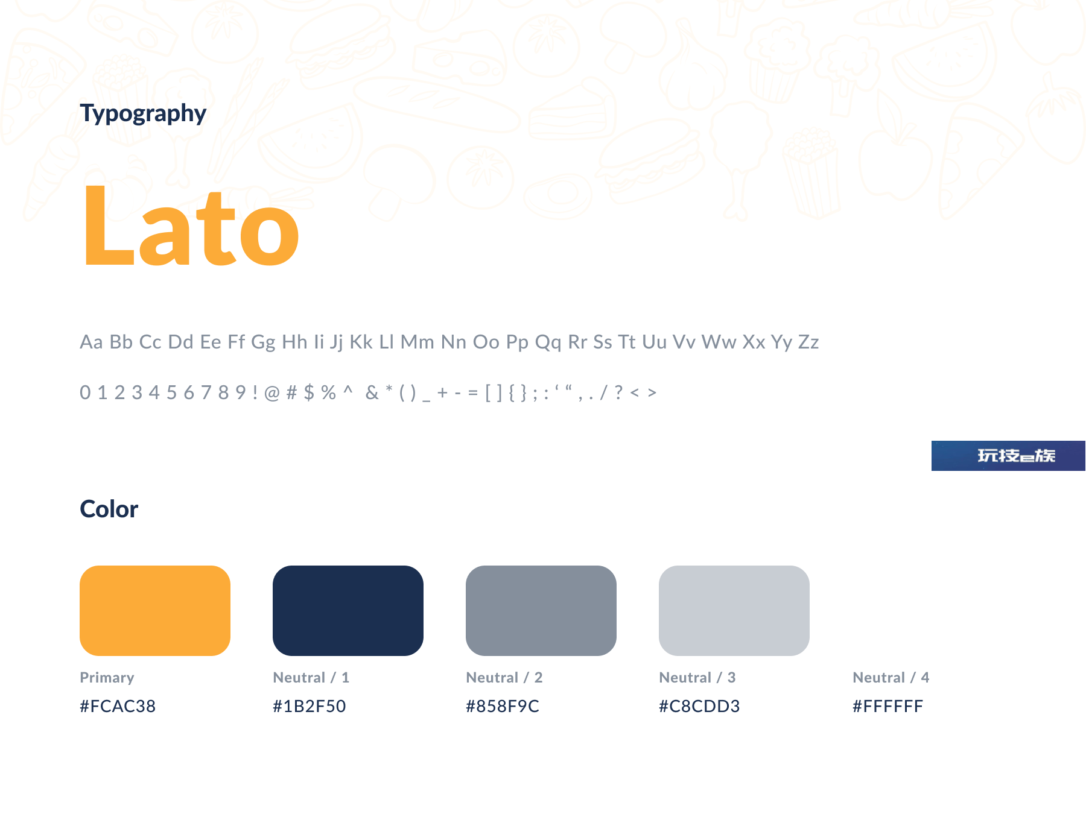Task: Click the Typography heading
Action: [x=143, y=113]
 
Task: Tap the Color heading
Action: [x=109, y=509]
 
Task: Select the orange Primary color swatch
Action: [x=155, y=610]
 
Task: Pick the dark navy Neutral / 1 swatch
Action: [x=348, y=610]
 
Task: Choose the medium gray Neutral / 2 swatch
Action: [x=541, y=610]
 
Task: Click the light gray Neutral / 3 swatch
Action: [x=734, y=610]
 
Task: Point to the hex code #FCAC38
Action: [x=118, y=706]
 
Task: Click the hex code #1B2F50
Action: [x=310, y=706]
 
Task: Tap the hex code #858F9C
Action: [x=503, y=706]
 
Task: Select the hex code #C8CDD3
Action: [x=699, y=706]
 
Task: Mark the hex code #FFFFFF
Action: [x=888, y=706]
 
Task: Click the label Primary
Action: [x=107, y=678]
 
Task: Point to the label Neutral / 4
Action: [x=891, y=678]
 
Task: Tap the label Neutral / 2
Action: [x=504, y=678]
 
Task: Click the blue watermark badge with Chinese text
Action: [x=1008, y=456]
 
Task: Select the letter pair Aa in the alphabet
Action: [x=91, y=342]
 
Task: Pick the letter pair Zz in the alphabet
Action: [x=808, y=342]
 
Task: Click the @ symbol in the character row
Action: [x=272, y=393]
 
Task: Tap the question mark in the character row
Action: [x=618, y=393]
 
